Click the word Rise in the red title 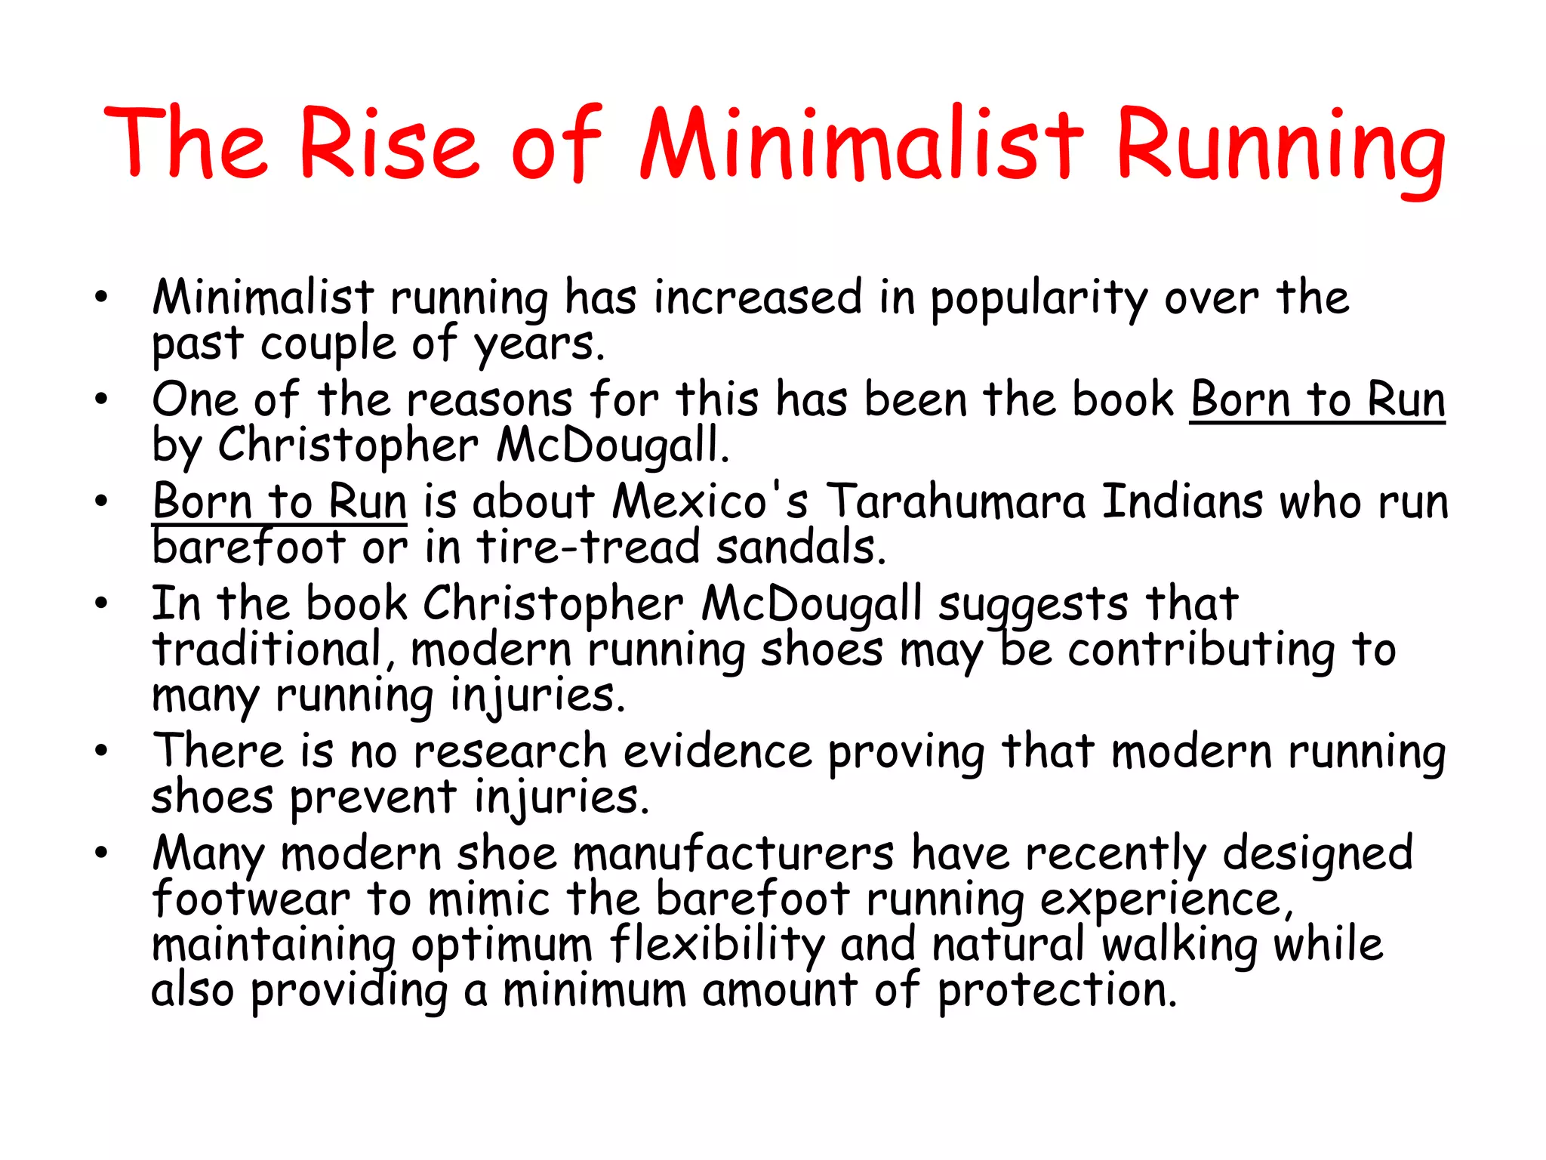click(390, 144)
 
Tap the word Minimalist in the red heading click(861, 144)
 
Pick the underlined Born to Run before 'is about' click(279, 501)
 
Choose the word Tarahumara click(955, 501)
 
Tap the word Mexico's click(710, 501)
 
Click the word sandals click(800, 548)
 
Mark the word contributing click(1201, 651)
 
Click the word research click(510, 752)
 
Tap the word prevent click(373, 798)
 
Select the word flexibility click(717, 946)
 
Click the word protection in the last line click(1057, 991)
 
